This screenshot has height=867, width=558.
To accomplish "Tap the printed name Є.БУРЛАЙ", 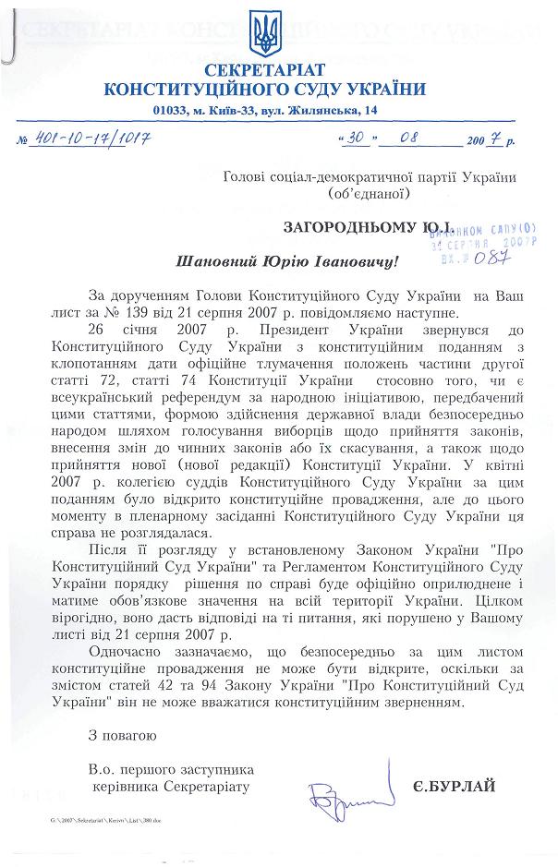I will [x=455, y=786].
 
